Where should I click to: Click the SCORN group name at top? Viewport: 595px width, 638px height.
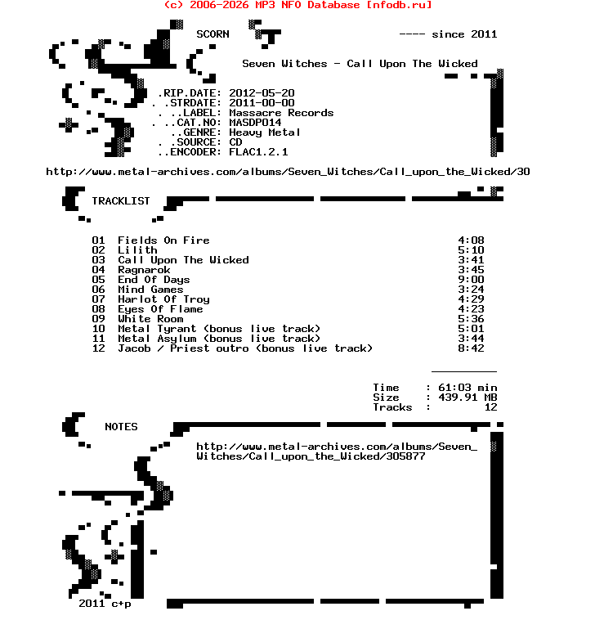click(212, 34)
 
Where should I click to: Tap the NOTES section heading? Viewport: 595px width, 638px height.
click(121, 427)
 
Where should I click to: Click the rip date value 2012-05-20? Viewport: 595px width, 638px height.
click(262, 93)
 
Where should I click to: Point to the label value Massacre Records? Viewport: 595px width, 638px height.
click(281, 113)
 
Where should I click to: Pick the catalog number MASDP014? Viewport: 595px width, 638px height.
click(255, 123)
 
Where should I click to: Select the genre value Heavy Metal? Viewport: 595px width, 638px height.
click(265, 133)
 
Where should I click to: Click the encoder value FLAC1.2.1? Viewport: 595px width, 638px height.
click(258, 152)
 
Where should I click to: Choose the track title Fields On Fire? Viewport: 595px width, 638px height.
click(163, 240)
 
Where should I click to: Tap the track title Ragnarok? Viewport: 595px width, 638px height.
click(144, 270)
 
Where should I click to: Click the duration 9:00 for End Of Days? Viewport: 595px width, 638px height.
click(471, 280)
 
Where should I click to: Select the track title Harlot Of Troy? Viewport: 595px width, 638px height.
click(163, 299)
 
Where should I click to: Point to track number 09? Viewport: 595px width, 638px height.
click(98, 319)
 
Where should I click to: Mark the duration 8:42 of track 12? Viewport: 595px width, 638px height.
click(471, 348)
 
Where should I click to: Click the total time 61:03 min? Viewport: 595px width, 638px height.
click(467, 388)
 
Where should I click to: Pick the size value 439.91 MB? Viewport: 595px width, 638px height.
click(467, 398)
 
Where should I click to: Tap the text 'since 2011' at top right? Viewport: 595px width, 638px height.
click(464, 34)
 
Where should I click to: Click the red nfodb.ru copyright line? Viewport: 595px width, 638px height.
click(297, 5)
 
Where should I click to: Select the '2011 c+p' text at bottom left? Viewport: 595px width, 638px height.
click(105, 604)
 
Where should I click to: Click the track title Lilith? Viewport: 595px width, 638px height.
click(137, 250)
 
